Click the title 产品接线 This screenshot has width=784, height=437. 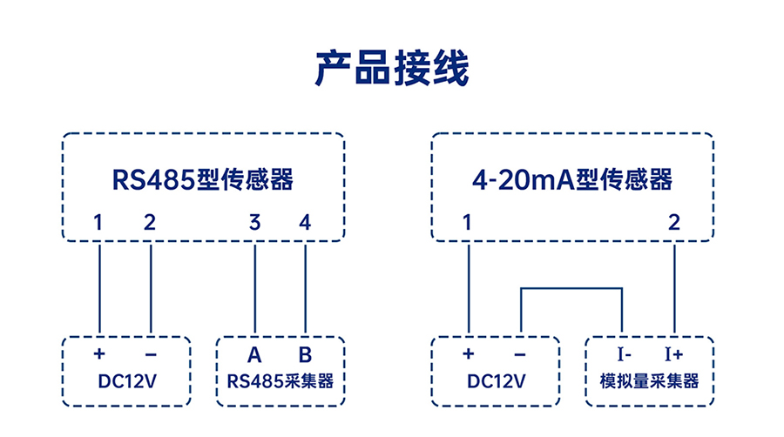[x=392, y=69]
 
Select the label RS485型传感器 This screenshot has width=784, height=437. [x=202, y=180]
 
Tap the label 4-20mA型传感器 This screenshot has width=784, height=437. [x=572, y=180]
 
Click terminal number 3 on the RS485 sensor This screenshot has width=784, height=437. [x=255, y=222]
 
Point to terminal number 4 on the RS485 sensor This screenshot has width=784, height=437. [x=305, y=222]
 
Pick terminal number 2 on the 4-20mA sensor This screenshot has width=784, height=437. [x=674, y=222]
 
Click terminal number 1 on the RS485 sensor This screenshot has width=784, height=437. [x=98, y=222]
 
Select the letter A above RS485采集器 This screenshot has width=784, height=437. [x=254, y=354]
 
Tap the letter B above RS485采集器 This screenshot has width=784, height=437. [x=305, y=354]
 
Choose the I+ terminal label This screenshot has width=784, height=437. [x=674, y=354]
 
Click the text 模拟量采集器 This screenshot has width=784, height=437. [x=649, y=381]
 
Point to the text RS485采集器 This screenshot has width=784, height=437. [x=280, y=381]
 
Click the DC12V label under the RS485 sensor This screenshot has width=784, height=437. [x=127, y=381]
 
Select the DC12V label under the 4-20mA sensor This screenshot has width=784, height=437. [x=496, y=381]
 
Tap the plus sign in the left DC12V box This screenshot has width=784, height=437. [x=99, y=353]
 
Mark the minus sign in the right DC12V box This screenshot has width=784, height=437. [x=519, y=354]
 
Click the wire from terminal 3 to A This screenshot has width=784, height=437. [x=255, y=289]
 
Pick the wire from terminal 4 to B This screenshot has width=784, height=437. [x=306, y=289]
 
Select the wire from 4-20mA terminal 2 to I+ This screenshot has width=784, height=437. [x=674, y=289]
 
